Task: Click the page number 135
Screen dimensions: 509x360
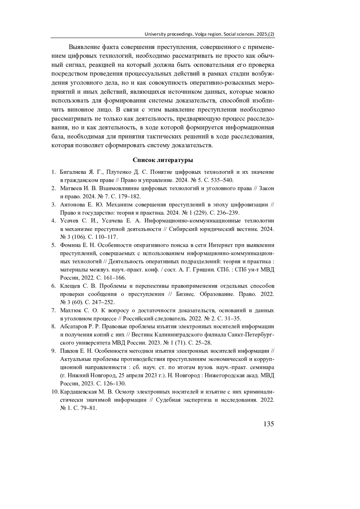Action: (x=268, y=424)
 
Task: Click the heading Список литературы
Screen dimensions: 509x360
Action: (x=163, y=160)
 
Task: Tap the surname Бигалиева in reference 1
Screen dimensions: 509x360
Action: (x=73, y=172)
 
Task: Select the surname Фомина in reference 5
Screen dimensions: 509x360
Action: (x=70, y=245)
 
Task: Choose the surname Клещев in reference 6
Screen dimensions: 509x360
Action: (x=70, y=286)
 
